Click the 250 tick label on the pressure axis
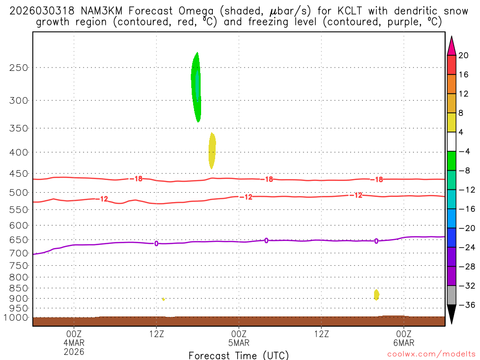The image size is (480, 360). coord(19,67)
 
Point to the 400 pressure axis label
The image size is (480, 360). coord(19,152)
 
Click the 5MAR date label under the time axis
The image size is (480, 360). coord(239,343)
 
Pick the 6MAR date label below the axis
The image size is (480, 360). coord(404,343)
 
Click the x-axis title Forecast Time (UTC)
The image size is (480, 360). coord(239,355)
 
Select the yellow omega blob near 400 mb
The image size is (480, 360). coord(212,150)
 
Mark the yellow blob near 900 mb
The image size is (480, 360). coord(376,294)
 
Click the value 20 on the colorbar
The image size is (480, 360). coord(464,55)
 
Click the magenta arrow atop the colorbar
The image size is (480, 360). coord(451,46)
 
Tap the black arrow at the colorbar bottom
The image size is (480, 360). coord(451,314)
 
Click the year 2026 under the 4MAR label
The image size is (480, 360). coord(74,351)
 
